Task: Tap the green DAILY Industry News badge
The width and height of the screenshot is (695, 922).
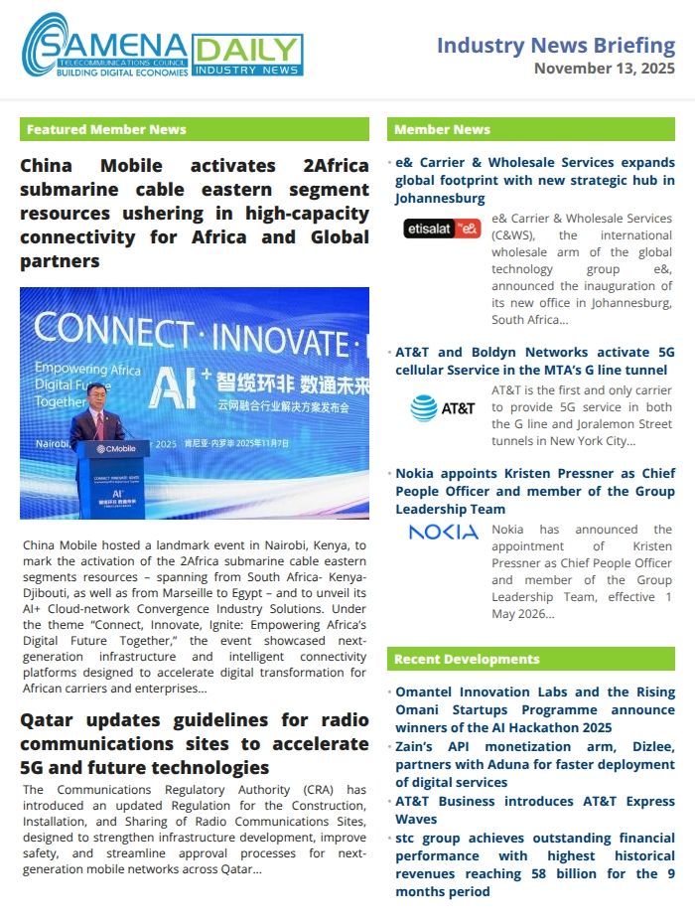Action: [247, 55]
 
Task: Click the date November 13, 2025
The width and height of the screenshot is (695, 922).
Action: [604, 69]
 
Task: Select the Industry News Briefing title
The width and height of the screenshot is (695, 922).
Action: [556, 45]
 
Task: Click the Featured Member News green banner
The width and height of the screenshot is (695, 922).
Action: [195, 129]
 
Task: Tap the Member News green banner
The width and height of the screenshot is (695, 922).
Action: [531, 129]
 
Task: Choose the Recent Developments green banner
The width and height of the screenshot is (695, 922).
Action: [531, 659]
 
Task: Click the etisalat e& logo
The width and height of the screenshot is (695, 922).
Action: [443, 229]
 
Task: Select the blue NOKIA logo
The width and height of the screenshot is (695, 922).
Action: [443, 533]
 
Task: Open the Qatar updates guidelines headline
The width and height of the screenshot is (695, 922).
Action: [195, 743]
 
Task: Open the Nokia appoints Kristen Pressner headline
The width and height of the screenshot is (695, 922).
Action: [535, 491]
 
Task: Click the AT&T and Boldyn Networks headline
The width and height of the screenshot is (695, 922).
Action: [535, 361]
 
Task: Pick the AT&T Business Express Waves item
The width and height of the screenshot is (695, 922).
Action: [535, 810]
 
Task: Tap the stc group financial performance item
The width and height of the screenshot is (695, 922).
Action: [535, 864]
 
